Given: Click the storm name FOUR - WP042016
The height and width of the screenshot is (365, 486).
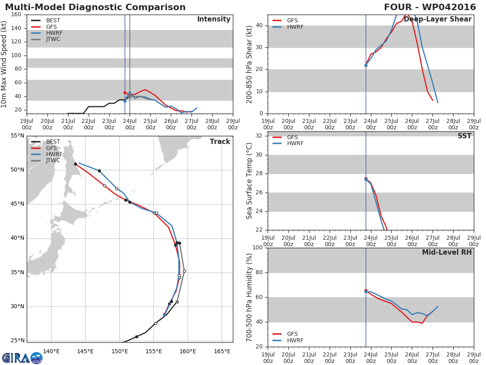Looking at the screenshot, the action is pos(430,7).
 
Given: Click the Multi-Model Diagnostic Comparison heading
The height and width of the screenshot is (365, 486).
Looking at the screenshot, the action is pos(95,7).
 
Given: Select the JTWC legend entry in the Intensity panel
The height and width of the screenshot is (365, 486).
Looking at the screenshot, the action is pos(46,39).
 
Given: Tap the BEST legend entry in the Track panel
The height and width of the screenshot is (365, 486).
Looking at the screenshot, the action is pos(46,142).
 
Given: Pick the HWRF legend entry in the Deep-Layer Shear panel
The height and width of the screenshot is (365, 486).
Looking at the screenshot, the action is pos(288,27).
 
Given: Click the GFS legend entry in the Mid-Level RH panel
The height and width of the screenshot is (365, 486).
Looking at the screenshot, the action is pos(285,334).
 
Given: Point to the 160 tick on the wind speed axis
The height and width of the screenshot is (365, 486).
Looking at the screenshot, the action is pos(16,15).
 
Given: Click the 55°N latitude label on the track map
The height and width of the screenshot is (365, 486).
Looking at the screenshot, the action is pos(17,135).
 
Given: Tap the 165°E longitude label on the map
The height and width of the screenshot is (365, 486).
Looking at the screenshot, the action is pos(222,351).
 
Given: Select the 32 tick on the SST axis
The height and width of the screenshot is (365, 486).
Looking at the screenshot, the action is pos(259,135).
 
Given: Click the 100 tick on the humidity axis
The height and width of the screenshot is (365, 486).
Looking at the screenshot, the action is pos(258,247).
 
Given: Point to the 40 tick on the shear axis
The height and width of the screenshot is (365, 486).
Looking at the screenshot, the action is pos(259,25).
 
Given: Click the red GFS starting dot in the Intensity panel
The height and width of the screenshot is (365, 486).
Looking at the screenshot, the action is pos(125,92).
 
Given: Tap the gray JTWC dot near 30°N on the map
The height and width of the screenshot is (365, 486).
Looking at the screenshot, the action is pos(177,302).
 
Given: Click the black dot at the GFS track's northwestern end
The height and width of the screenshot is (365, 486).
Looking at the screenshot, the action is pos(75,164).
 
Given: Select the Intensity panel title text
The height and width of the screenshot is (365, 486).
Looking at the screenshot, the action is pos(214,19).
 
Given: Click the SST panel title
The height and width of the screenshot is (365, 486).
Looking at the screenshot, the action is pos(465,136).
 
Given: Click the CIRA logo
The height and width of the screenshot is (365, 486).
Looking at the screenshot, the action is pos(22,358).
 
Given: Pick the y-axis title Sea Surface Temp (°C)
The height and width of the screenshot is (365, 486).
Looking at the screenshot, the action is pos(249,181).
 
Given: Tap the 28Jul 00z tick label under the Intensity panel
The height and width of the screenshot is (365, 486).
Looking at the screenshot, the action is pos(212,124).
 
